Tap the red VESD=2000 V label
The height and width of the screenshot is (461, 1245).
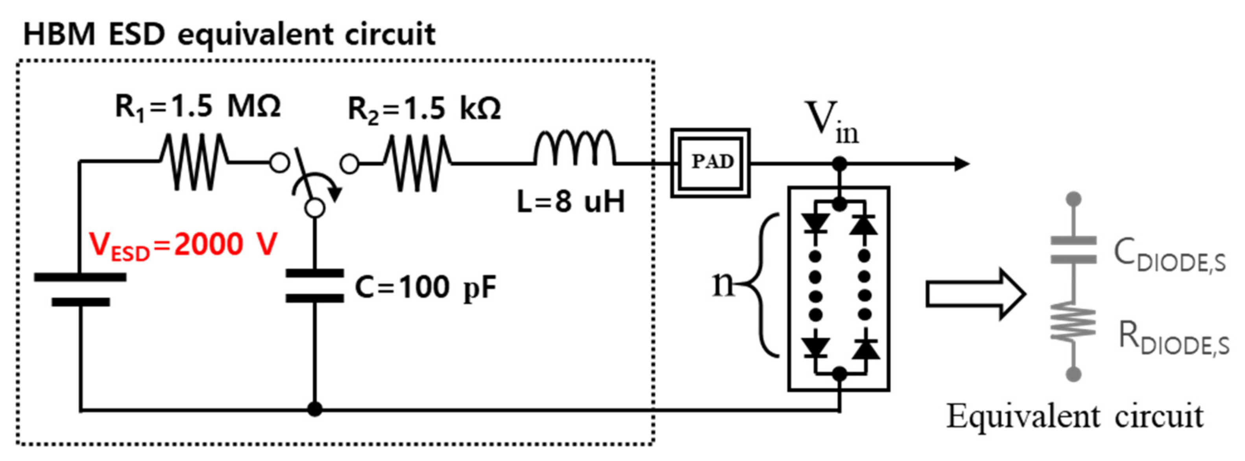click(183, 245)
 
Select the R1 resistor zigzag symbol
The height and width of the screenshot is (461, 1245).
click(193, 162)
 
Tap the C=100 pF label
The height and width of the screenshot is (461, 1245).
click(425, 288)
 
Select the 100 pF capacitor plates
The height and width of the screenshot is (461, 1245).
click(315, 286)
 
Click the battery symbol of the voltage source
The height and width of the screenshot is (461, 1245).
click(81, 289)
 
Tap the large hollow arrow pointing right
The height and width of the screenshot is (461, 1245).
click(974, 294)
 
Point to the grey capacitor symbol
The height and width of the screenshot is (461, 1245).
click(1073, 250)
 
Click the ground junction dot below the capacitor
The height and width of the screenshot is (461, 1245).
click(315, 409)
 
